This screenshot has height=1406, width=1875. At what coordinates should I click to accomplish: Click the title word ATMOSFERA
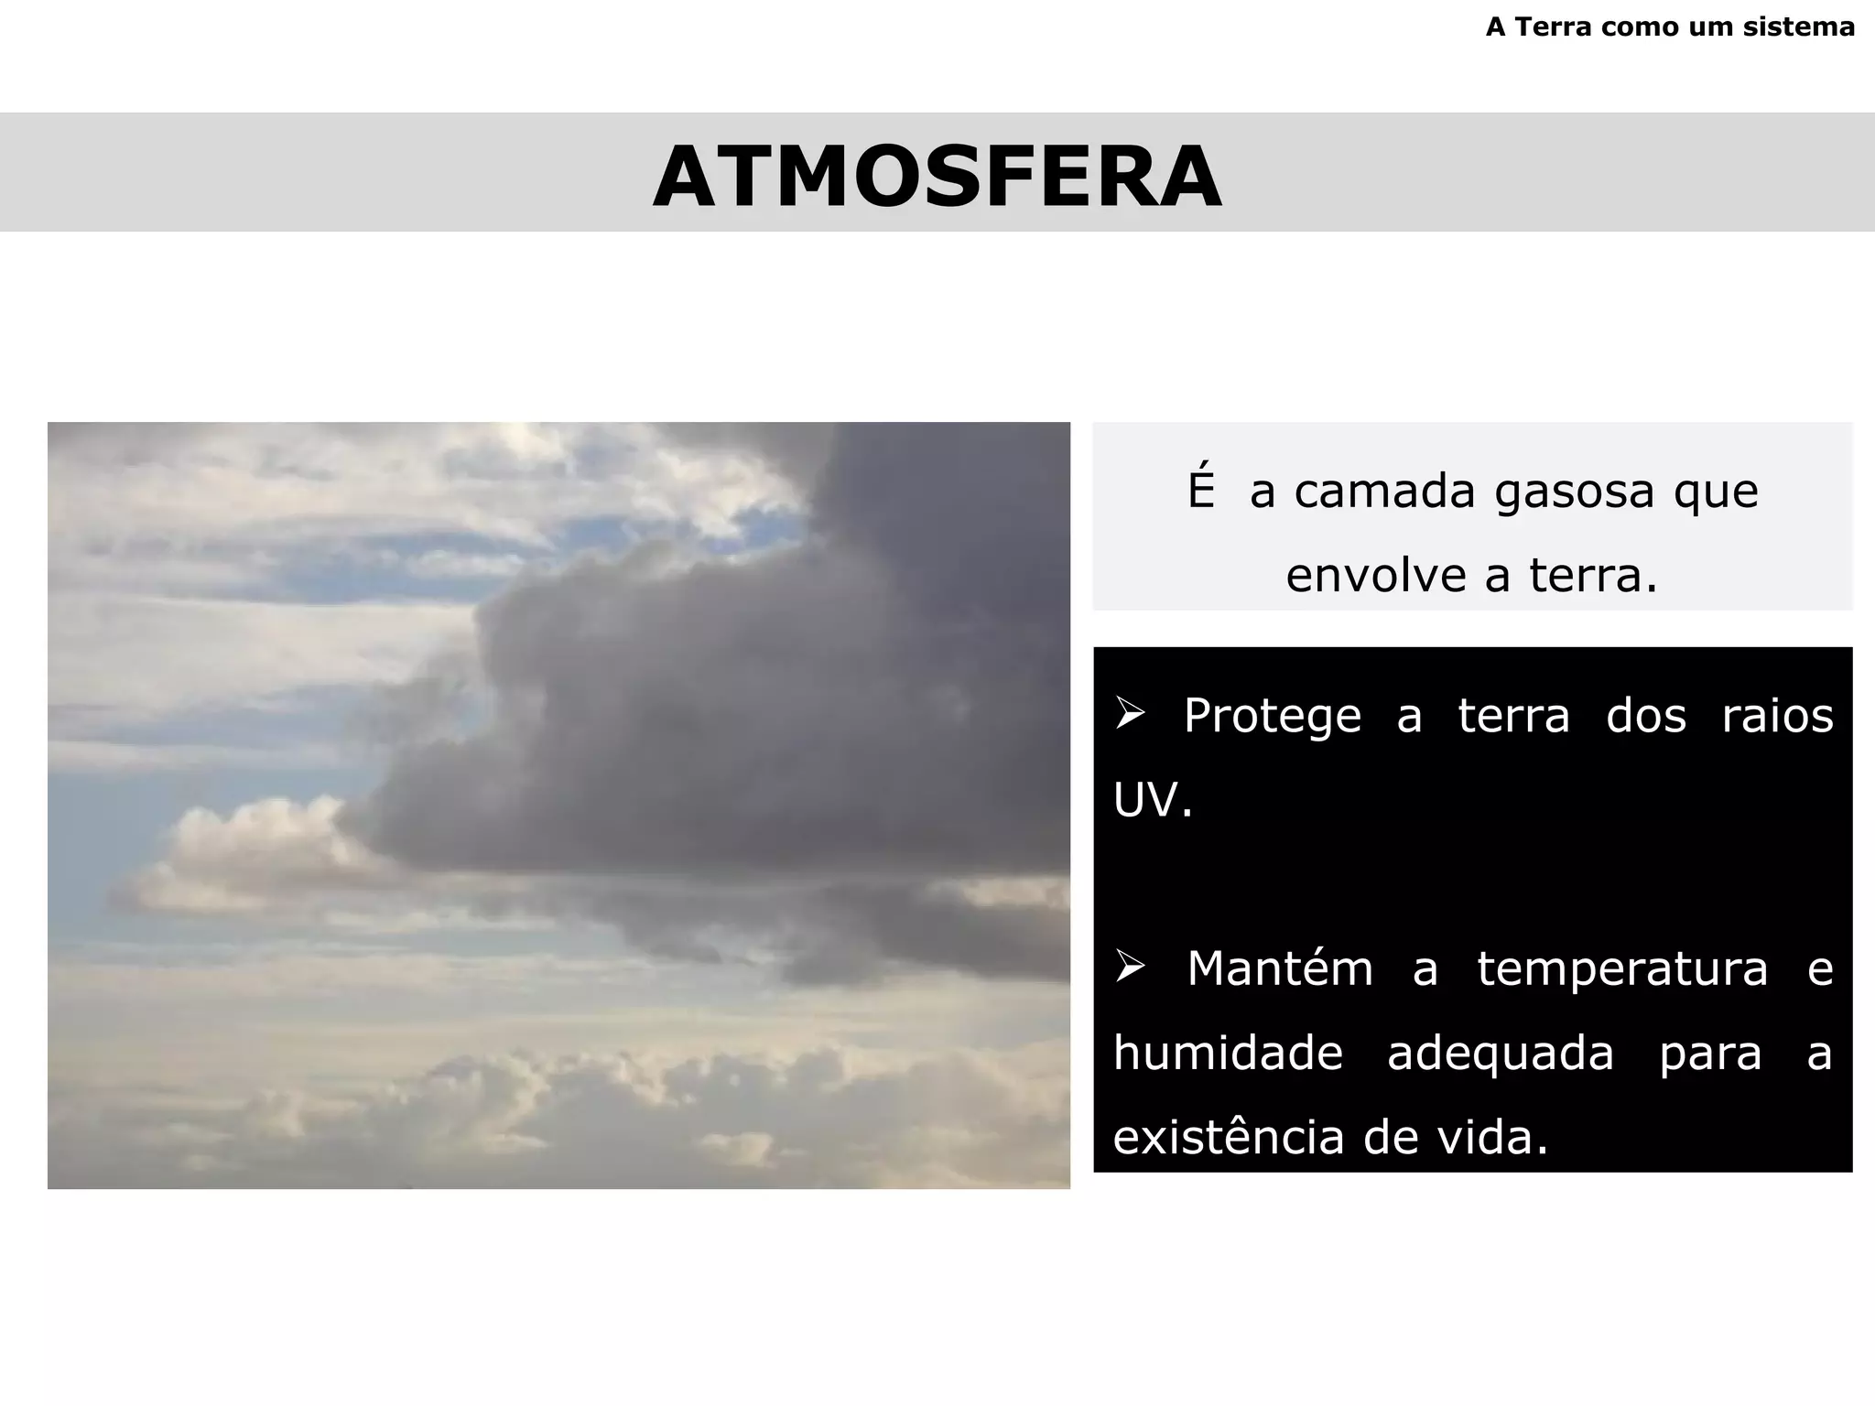937,177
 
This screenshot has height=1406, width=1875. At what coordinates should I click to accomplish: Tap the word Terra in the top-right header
1555,27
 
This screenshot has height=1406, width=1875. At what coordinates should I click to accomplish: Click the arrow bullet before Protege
1131,713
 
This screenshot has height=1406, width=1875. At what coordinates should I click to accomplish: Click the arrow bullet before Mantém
1131,967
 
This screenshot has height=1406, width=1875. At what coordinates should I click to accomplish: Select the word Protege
1272,717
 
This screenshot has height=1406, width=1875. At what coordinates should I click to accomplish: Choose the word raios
1777,715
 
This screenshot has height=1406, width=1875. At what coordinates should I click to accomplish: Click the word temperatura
1622,969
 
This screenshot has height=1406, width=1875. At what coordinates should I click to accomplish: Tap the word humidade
1228,1054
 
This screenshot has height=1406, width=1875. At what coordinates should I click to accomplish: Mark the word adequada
1501,1054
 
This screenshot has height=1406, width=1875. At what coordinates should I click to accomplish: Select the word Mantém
1280,968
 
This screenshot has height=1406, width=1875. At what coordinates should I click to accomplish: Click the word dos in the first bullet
1645,715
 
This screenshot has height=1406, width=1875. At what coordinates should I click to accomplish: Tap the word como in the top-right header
1637,27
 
